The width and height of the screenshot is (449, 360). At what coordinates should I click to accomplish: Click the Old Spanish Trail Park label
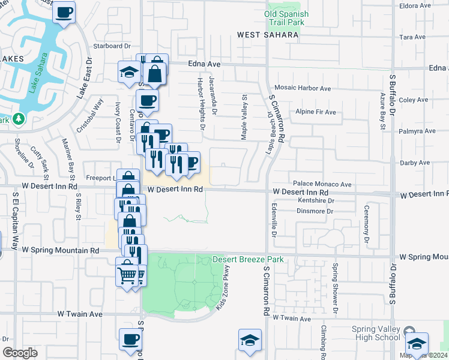pos(286,18)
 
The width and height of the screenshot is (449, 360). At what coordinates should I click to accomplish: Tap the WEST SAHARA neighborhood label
pos(268,35)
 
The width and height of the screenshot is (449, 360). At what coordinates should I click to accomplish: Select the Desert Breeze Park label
pos(247,260)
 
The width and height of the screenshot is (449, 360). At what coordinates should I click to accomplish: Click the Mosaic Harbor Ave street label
pos(303,88)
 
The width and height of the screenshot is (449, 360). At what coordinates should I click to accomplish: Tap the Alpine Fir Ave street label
pos(315,112)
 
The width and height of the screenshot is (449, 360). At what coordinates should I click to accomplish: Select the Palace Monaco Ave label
pos(322,184)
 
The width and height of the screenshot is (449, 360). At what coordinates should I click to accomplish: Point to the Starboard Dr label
pos(112,46)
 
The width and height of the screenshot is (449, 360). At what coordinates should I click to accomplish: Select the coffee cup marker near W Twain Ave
pos(130,340)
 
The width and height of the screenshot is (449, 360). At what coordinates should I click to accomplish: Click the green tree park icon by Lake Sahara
pos(19,118)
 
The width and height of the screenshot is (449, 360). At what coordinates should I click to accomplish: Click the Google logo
pos(20,353)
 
